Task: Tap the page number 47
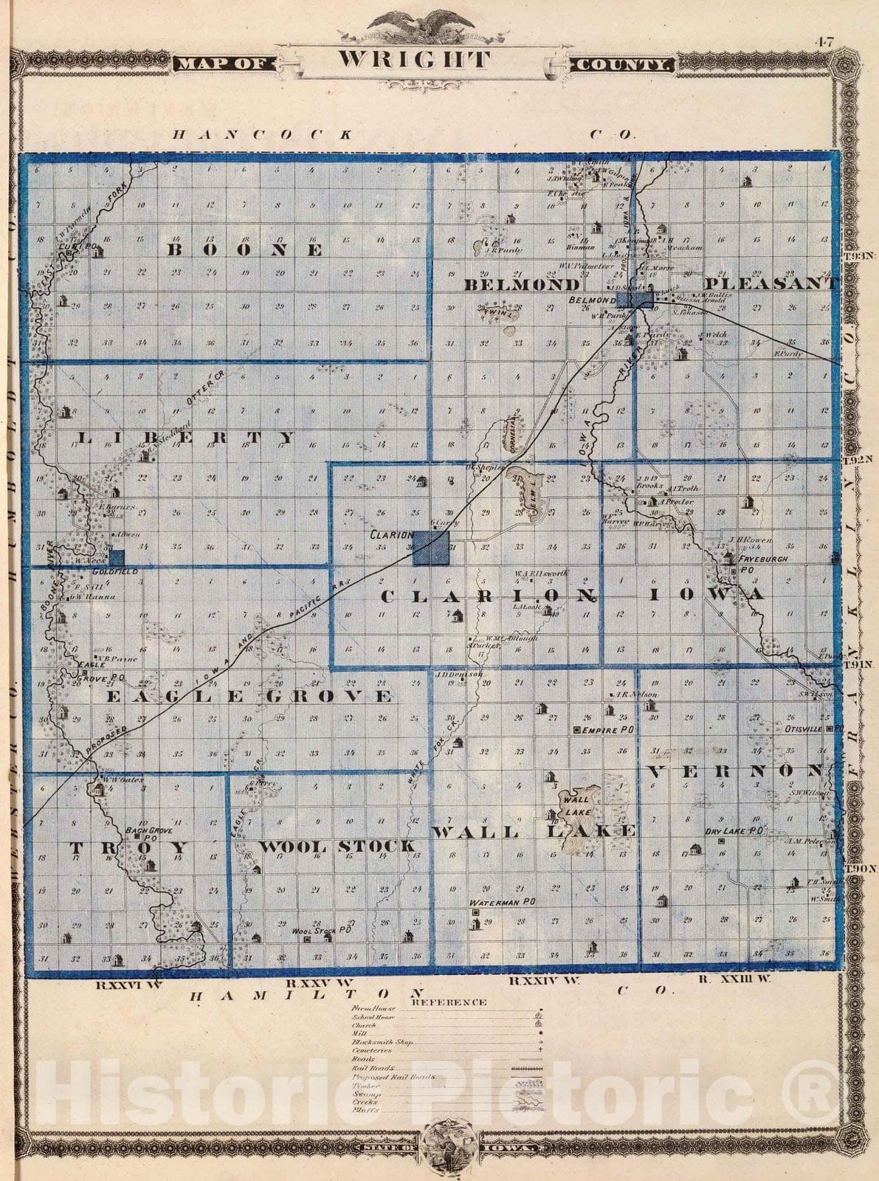coord(824,42)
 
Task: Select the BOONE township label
coord(244,250)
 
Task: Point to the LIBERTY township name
coord(185,438)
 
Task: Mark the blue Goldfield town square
coord(117,558)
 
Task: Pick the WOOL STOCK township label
coord(337,846)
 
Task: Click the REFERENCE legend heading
coord(449,1002)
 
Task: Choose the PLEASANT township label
coord(771,283)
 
